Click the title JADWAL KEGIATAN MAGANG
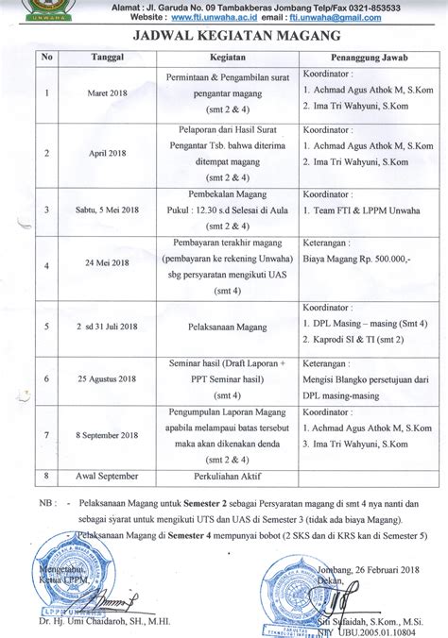click(224, 37)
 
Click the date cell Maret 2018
click(106, 93)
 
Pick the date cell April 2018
click(104, 154)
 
